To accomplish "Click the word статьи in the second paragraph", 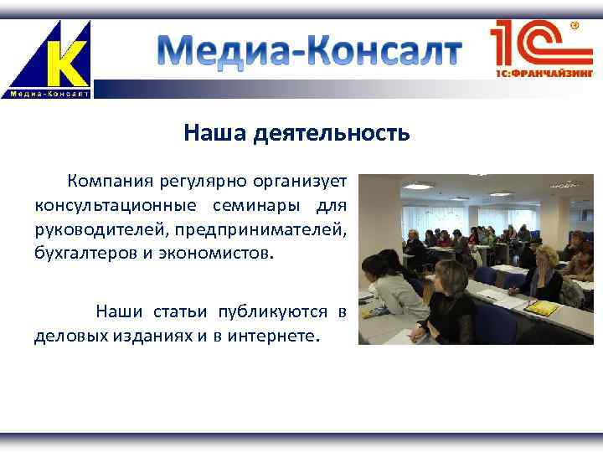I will click(181, 312).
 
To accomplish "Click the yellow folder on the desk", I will click(543, 307).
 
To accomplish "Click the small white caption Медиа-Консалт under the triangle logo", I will click(49, 93).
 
